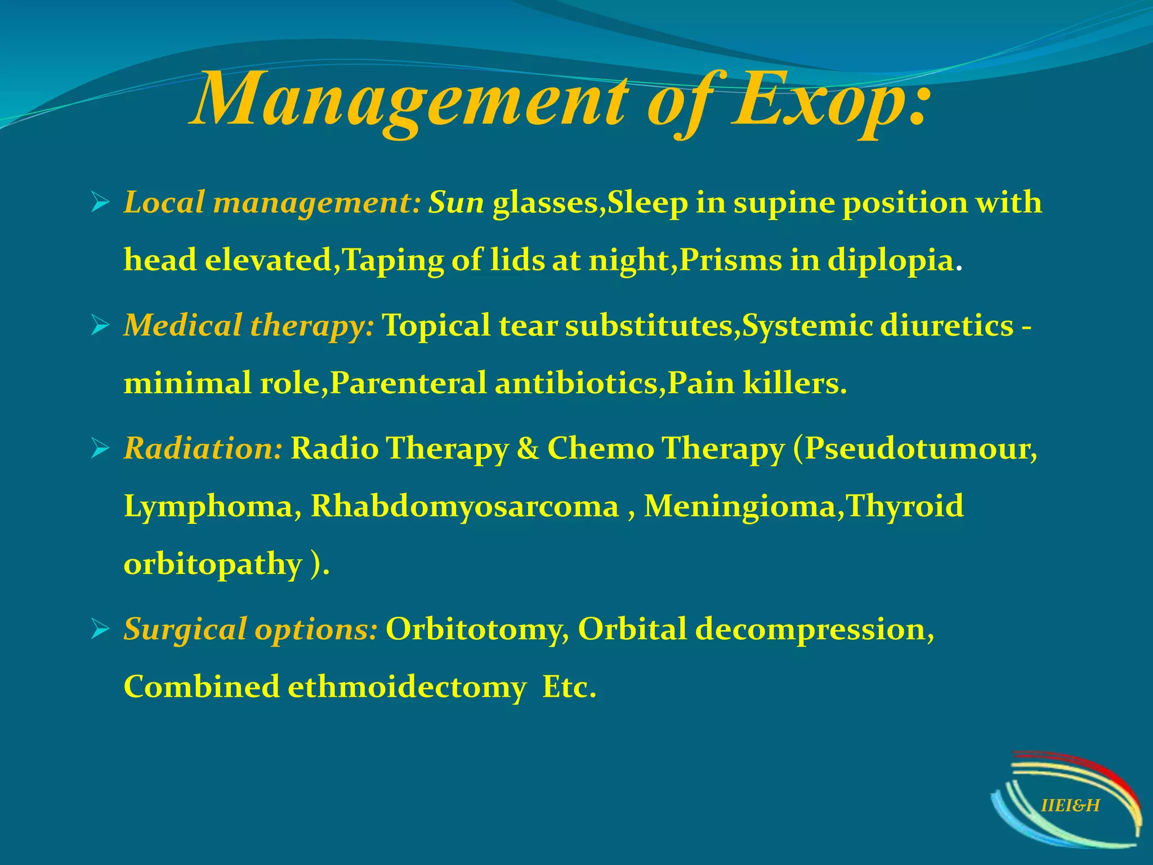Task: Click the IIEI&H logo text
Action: click(1070, 805)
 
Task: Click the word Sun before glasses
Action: click(456, 203)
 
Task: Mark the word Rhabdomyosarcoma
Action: click(464, 507)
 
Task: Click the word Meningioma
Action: click(740, 507)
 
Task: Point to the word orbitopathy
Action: click(213, 565)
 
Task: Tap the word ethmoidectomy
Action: click(407, 688)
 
